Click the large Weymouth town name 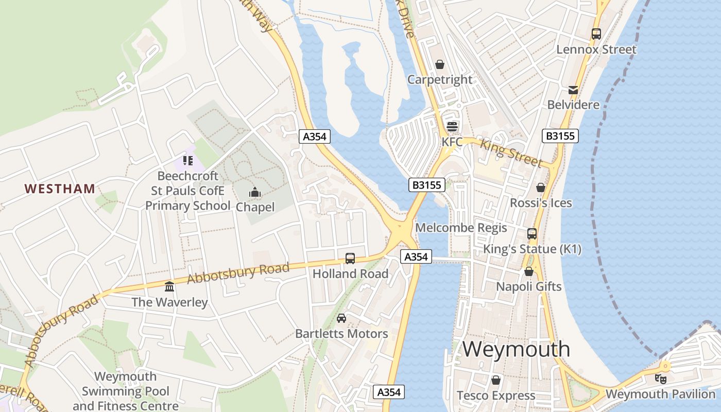tap(516, 349)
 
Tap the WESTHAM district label tap(60, 188)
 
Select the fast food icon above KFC tap(452, 127)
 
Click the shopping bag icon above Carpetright tap(440, 64)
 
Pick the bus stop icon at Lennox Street tap(596, 34)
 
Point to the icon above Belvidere tap(573, 90)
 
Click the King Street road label tap(510, 152)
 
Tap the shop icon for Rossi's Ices tap(541, 187)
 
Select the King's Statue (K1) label tap(532, 249)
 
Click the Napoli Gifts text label tap(528, 286)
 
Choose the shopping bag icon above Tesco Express tap(495, 380)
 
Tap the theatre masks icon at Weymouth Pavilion tap(660, 379)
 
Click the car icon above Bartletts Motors tap(341, 318)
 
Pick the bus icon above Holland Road tap(350, 258)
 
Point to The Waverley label tap(169, 302)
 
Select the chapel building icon tap(254, 193)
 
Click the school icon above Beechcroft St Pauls tap(187, 161)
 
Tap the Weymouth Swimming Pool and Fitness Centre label tap(126, 391)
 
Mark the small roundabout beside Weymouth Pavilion tap(665, 367)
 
